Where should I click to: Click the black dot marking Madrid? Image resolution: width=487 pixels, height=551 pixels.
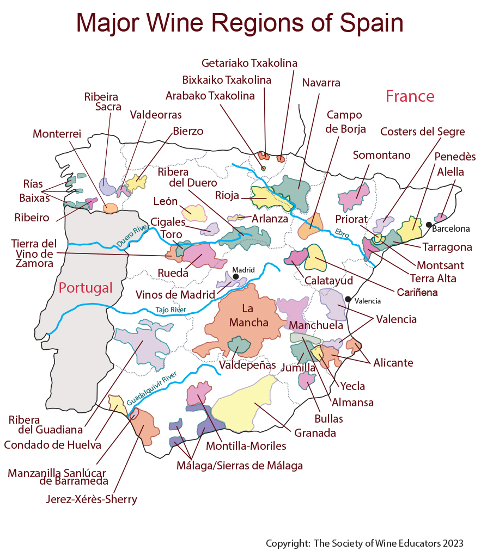pos(236,277)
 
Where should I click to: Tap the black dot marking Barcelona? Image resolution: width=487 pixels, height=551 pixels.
pos(429,225)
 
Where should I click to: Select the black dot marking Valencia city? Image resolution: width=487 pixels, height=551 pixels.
pos(348,299)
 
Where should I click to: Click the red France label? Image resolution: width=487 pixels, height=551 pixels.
pos(410,96)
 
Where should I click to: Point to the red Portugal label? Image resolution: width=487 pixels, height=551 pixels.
pos(86,287)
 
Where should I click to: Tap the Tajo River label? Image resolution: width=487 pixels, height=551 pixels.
pos(171,309)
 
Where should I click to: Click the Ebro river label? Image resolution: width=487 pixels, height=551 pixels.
pos(342,234)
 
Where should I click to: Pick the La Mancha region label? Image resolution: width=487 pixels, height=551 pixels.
pos(248,315)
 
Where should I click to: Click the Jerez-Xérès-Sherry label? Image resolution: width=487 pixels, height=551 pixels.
pos(91,499)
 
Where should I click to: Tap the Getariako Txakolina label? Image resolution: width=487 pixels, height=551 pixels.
pos(249,63)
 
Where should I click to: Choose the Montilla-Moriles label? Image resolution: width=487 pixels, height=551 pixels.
pos(246,446)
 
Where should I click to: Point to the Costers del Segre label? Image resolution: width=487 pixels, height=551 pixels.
pos(422,132)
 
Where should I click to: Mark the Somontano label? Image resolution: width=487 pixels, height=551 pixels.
pos(381,155)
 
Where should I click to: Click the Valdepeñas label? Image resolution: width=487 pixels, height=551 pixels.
pos(247,364)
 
